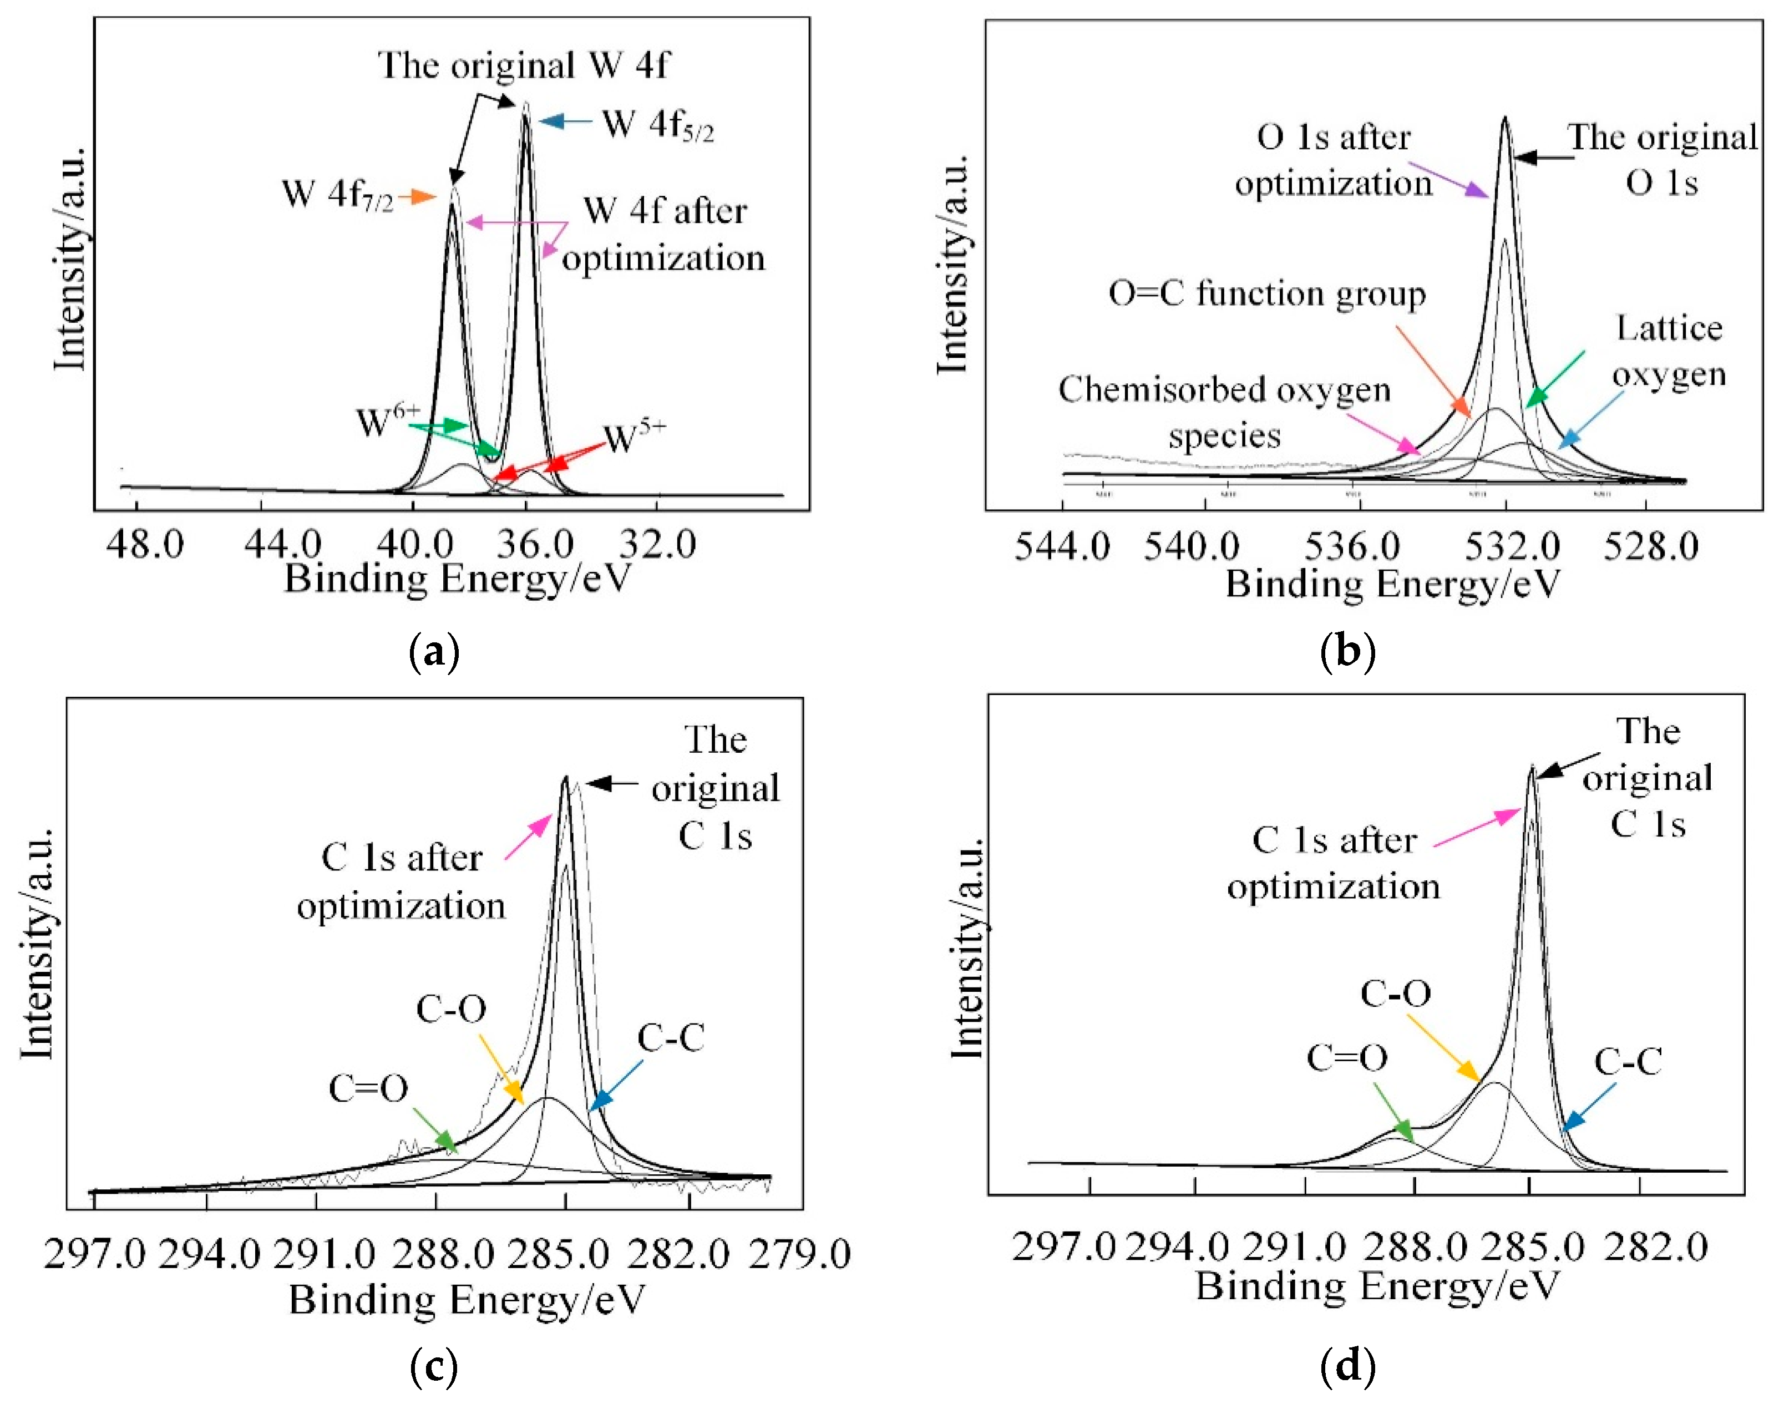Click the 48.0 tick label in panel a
[x=145, y=544]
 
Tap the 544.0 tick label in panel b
[x=1062, y=546]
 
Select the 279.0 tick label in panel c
[x=799, y=1254]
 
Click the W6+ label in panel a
[x=388, y=422]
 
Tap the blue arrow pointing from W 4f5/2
[x=566, y=121]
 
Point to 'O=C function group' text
[x=1267, y=293]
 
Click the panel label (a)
[x=433, y=653]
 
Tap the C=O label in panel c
[x=368, y=1088]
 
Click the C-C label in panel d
[x=1629, y=1062]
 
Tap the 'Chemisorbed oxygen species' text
[x=1224, y=412]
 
